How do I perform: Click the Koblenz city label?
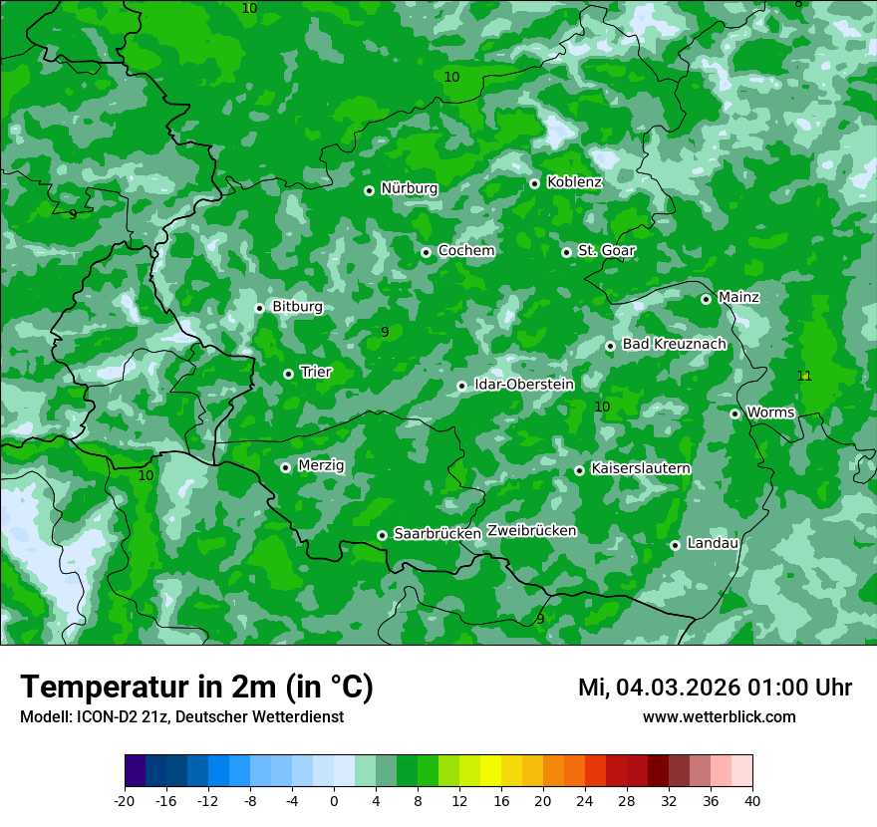tap(574, 182)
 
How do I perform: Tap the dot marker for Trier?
tap(288, 374)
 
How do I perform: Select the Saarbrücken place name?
tap(438, 534)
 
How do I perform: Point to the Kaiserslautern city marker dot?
tap(579, 470)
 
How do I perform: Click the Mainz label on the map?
tap(738, 298)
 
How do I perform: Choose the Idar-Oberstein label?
tap(524, 385)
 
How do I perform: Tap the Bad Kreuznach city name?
tap(674, 345)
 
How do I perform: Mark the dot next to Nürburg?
tap(369, 190)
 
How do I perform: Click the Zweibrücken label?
tap(532, 531)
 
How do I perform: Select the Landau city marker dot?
tap(675, 545)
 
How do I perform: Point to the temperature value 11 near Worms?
tap(804, 376)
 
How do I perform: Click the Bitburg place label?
tap(297, 307)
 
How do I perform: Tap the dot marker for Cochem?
tap(426, 252)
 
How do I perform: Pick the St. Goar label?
tap(606, 251)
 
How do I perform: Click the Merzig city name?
tap(321, 466)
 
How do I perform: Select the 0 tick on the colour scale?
tap(334, 800)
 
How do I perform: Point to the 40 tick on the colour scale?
tap(752, 800)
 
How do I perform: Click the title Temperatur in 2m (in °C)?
tap(196, 688)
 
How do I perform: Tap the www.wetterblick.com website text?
tap(719, 717)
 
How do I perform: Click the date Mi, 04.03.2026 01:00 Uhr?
tap(715, 688)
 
